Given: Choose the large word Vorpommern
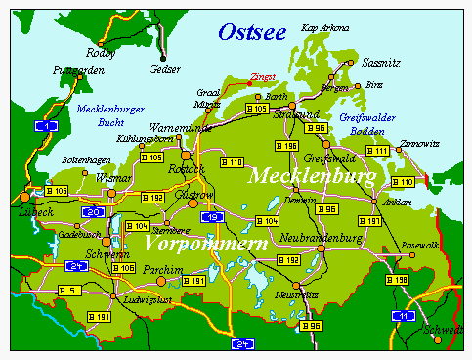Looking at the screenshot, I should (204, 241).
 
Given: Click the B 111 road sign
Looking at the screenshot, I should (378, 150).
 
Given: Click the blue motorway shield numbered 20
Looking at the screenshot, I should (93, 212).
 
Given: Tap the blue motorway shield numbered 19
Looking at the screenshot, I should (209, 216).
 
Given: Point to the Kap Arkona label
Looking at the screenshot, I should (323, 28).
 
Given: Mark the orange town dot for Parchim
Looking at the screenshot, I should (161, 282).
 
